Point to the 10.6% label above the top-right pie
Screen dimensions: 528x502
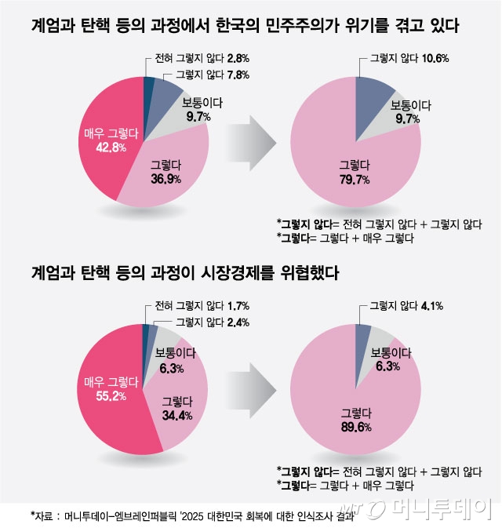click(x=435, y=60)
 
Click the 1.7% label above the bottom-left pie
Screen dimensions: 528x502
click(x=217, y=306)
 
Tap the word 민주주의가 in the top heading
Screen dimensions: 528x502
click(x=311, y=27)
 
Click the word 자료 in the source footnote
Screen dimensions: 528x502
click(x=45, y=516)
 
